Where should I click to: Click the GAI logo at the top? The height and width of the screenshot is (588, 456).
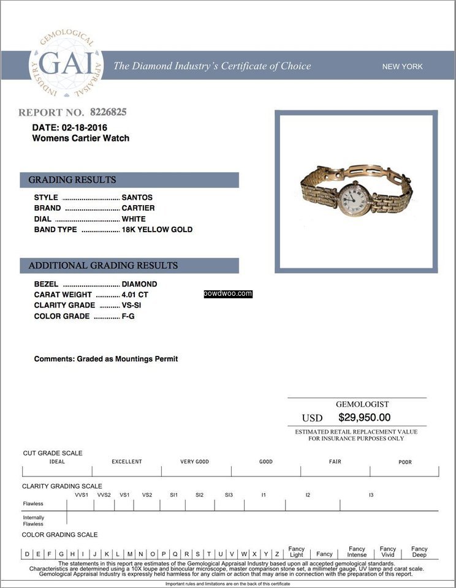click(x=66, y=65)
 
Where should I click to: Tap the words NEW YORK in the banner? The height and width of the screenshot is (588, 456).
click(x=402, y=67)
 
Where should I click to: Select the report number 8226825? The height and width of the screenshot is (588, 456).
click(x=108, y=112)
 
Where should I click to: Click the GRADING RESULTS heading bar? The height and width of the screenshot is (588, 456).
click(x=129, y=180)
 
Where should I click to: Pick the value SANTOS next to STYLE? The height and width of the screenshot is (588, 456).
click(x=137, y=197)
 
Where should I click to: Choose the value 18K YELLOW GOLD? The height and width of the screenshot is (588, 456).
click(x=158, y=230)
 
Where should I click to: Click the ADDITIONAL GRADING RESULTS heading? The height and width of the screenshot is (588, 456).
click(x=129, y=266)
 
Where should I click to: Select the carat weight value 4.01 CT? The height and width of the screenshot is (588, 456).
click(x=135, y=295)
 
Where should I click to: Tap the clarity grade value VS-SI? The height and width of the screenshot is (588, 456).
click(x=132, y=305)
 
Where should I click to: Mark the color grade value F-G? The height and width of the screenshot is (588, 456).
click(x=128, y=316)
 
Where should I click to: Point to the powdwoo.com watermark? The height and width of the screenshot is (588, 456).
click(x=228, y=294)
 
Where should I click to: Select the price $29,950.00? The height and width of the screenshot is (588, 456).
click(x=364, y=417)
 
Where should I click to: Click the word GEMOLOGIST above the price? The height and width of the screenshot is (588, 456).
click(x=362, y=404)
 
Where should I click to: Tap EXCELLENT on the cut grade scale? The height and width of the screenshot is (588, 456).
click(x=127, y=462)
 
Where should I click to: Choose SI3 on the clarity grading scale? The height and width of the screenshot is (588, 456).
click(x=229, y=495)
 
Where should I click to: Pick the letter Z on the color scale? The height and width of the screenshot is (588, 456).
click(x=277, y=554)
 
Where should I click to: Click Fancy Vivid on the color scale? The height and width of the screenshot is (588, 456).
click(x=388, y=552)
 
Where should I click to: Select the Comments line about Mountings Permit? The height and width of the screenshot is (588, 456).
click(x=106, y=359)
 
